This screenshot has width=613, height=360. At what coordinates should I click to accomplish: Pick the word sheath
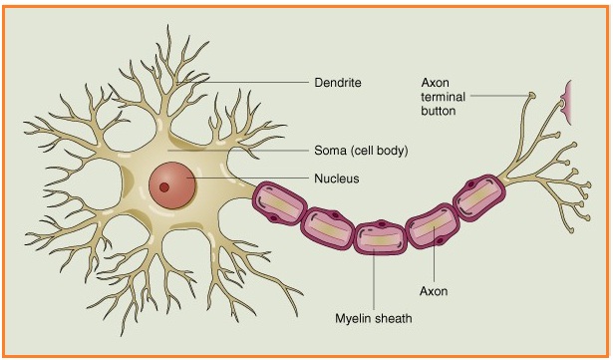[393, 319]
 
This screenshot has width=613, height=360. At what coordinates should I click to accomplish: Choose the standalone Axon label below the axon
[436, 292]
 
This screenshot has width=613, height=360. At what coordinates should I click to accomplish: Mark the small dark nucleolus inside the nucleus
[164, 186]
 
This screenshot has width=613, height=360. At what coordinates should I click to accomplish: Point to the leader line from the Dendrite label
[249, 82]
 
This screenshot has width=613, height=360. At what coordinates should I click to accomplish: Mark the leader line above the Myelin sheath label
[373, 284]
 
